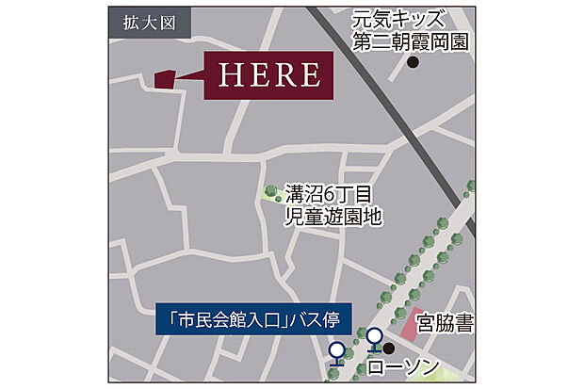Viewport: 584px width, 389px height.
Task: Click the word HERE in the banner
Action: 268,74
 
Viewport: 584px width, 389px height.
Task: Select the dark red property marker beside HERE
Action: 163,78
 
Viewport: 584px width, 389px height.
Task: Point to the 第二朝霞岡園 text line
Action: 412,41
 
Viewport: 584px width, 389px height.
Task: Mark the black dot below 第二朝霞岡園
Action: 413,63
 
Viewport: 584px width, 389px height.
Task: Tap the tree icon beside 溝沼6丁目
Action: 271,193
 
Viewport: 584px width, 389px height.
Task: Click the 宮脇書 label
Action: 446,325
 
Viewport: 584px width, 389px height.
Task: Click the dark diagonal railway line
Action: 396,104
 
